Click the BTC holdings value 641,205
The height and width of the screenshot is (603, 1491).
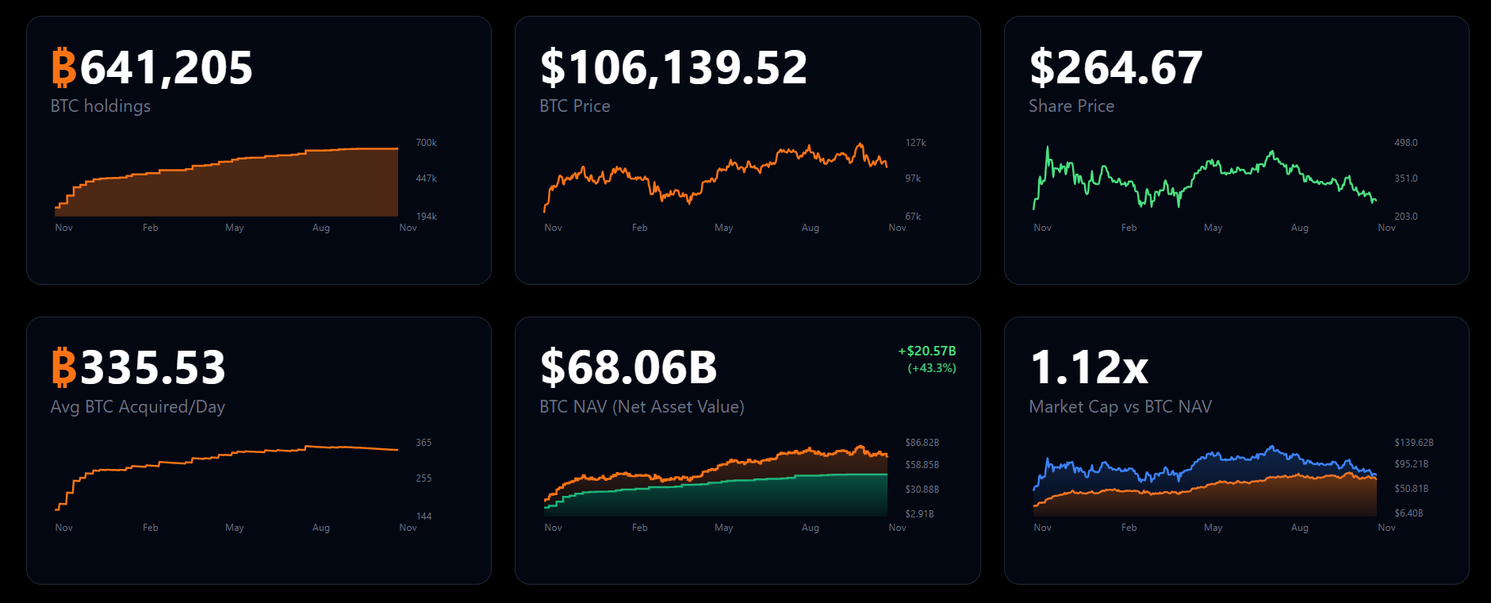166,68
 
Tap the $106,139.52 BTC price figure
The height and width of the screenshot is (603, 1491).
673,68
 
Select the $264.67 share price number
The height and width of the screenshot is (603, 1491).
1116,68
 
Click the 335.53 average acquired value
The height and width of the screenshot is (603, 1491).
153,368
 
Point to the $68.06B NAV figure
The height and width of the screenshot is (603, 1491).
628,368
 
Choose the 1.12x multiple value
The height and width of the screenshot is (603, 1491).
1089,368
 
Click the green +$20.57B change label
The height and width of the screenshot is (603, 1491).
926,351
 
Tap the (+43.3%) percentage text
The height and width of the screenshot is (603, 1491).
932,368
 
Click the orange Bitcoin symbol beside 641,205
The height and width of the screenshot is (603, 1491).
63,68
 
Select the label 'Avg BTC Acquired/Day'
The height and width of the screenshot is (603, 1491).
137,407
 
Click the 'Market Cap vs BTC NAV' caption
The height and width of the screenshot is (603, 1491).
1120,407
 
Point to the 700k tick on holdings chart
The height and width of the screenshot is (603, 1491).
426,143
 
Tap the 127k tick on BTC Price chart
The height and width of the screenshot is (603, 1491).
915,143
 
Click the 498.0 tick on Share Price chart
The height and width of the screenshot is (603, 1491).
1405,143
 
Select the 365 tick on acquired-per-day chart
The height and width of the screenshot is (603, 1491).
424,443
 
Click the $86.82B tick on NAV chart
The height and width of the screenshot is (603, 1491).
922,443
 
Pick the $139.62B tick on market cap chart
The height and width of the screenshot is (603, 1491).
1413,443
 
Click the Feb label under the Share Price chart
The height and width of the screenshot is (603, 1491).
1129,228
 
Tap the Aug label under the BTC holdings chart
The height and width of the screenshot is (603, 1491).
320,228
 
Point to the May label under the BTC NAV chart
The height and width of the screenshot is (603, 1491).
723,528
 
